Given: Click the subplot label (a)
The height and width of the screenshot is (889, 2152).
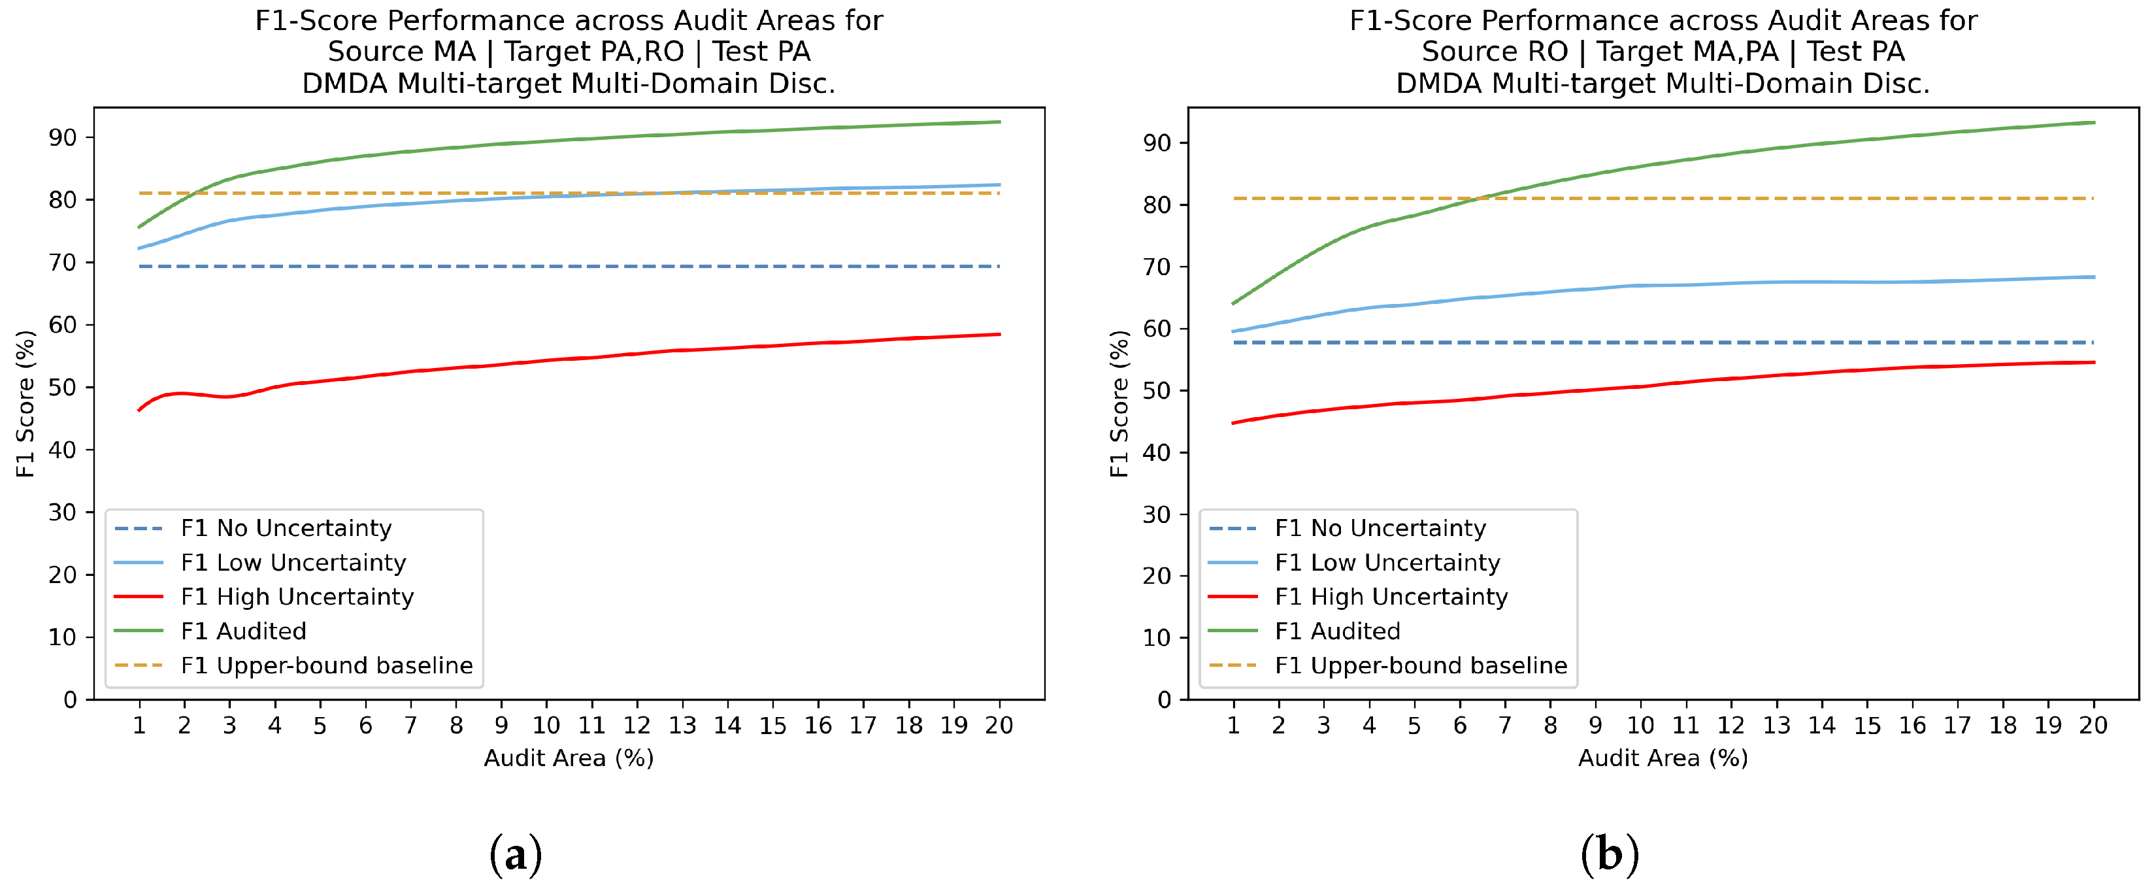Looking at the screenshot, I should [x=516, y=854].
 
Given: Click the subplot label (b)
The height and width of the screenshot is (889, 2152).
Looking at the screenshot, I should [x=1610, y=854].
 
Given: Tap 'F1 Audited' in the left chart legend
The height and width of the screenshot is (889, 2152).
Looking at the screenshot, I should [x=243, y=631].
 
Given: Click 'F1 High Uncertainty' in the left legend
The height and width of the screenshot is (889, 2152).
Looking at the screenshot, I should [x=297, y=597].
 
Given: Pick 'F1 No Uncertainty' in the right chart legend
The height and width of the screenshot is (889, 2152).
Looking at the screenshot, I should [x=1380, y=528].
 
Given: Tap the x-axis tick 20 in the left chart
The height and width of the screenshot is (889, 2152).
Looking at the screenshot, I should [x=999, y=725].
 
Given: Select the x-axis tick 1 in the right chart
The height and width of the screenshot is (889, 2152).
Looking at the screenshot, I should [x=1233, y=725].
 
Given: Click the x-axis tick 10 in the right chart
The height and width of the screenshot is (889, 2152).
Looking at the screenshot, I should [x=1640, y=725].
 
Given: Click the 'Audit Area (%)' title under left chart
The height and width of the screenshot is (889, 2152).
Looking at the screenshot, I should [x=569, y=758].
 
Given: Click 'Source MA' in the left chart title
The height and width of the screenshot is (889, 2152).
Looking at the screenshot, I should [x=401, y=52].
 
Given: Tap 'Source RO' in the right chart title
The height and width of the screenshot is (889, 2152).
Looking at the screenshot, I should [x=1495, y=52].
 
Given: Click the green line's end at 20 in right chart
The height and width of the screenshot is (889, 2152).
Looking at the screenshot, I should [x=2093, y=123].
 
